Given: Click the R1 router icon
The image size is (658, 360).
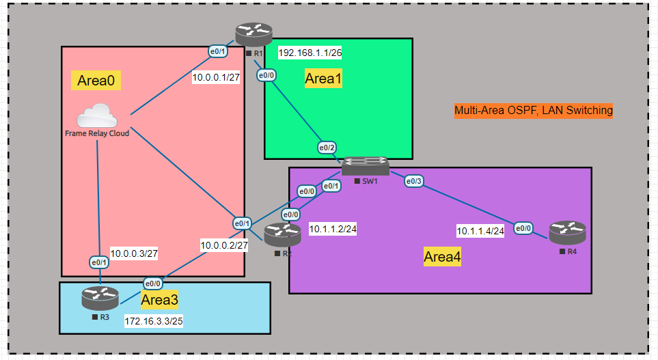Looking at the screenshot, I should click(x=253, y=33).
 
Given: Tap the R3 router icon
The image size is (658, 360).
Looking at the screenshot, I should click(x=100, y=298).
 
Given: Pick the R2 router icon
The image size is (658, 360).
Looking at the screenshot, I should click(x=282, y=236).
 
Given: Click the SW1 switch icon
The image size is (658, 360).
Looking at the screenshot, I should click(x=366, y=166).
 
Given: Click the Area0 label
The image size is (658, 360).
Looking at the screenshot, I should click(x=96, y=81).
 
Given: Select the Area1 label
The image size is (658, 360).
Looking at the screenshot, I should click(x=323, y=79).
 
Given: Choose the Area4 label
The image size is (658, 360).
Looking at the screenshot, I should click(x=442, y=257).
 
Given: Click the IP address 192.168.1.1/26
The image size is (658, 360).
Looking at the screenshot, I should click(x=310, y=53).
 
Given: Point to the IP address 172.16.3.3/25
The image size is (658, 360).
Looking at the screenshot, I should click(x=157, y=320).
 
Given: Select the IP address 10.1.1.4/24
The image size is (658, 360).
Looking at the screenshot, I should click(x=480, y=231).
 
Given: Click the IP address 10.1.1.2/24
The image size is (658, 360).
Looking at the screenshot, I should click(x=332, y=229).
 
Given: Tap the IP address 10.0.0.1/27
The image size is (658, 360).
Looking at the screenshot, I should click(x=215, y=77).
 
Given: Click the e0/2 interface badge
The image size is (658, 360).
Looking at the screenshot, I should click(x=327, y=148).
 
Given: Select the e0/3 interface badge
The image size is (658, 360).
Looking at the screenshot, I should click(x=414, y=181).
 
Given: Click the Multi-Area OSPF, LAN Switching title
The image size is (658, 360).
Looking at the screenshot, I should click(x=534, y=110).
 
